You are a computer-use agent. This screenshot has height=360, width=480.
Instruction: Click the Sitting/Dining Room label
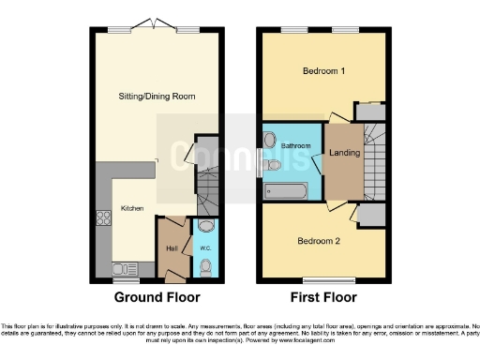point(157,97)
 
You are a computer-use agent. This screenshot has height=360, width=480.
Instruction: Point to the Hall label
point(172,247)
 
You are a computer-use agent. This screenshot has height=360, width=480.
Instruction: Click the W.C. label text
point(204,248)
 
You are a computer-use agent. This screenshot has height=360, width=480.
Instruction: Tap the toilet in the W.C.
point(205,267)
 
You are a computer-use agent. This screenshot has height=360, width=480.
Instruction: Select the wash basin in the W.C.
point(205,226)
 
